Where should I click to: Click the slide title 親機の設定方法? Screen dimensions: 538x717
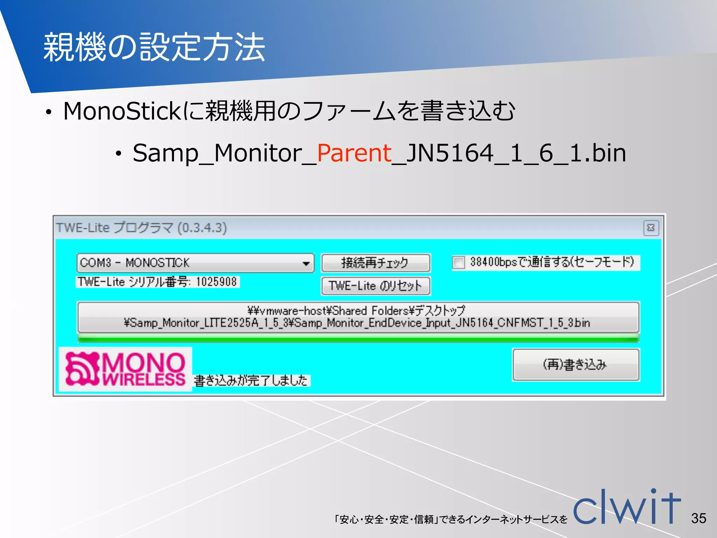coord(154,47)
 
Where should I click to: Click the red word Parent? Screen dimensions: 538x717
coord(354,153)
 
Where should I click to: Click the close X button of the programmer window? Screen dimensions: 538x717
coord(651,228)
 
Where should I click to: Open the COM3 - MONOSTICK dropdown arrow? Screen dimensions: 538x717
coord(306,263)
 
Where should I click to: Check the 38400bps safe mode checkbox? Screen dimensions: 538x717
coord(458,262)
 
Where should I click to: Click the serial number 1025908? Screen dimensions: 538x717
coord(216,282)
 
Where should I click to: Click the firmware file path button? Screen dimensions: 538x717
coord(358,317)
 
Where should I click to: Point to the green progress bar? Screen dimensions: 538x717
coord(358,338)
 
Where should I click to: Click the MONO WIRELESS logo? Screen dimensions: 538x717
coord(125,369)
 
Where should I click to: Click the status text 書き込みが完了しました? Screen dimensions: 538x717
coord(251,380)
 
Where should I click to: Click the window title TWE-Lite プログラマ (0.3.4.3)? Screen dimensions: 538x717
coord(141,228)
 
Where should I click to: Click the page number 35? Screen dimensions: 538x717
coord(698,518)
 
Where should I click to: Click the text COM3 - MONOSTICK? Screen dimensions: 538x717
coord(135,263)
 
